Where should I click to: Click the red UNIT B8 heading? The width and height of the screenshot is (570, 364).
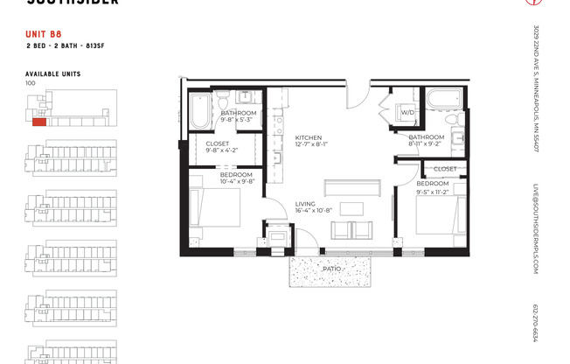(x=44, y=35)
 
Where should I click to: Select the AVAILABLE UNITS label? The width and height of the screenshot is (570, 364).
(x=54, y=73)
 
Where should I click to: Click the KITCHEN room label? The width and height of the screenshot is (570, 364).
(x=309, y=138)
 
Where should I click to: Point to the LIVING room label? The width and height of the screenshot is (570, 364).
(x=306, y=201)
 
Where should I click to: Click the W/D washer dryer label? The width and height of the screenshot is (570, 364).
(x=407, y=113)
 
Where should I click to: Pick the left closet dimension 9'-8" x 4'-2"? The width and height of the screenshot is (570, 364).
(x=221, y=150)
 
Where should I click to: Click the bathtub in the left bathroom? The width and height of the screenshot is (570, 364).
(x=198, y=111)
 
